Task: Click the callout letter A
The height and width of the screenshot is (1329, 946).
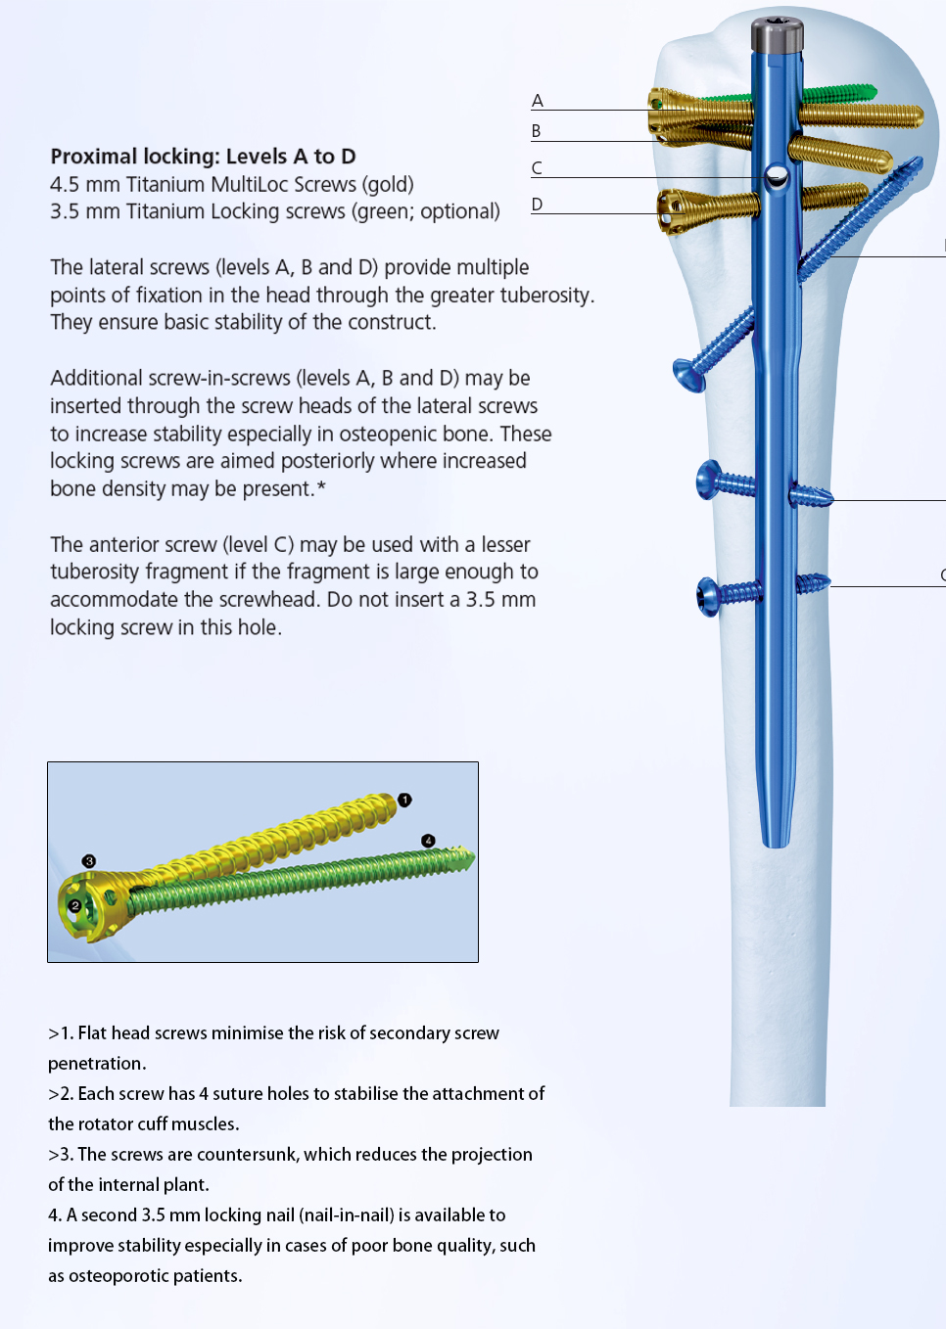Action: click(538, 101)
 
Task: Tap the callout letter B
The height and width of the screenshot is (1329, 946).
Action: click(537, 131)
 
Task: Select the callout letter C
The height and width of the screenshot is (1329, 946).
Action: click(537, 168)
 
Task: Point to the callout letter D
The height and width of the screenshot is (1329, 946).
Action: click(537, 205)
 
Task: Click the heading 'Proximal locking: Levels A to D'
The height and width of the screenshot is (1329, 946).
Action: click(203, 157)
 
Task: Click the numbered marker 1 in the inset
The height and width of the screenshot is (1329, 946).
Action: click(404, 800)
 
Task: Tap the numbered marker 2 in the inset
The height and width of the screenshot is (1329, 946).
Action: click(74, 906)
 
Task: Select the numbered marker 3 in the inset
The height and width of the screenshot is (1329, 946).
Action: click(89, 861)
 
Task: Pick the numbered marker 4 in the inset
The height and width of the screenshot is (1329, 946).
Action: click(428, 841)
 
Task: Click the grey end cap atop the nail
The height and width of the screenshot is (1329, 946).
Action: click(778, 34)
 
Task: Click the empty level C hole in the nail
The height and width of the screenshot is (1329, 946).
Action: click(777, 175)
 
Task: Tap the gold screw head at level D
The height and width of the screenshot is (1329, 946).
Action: click(671, 211)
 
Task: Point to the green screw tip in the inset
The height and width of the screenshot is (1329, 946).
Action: click(468, 858)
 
